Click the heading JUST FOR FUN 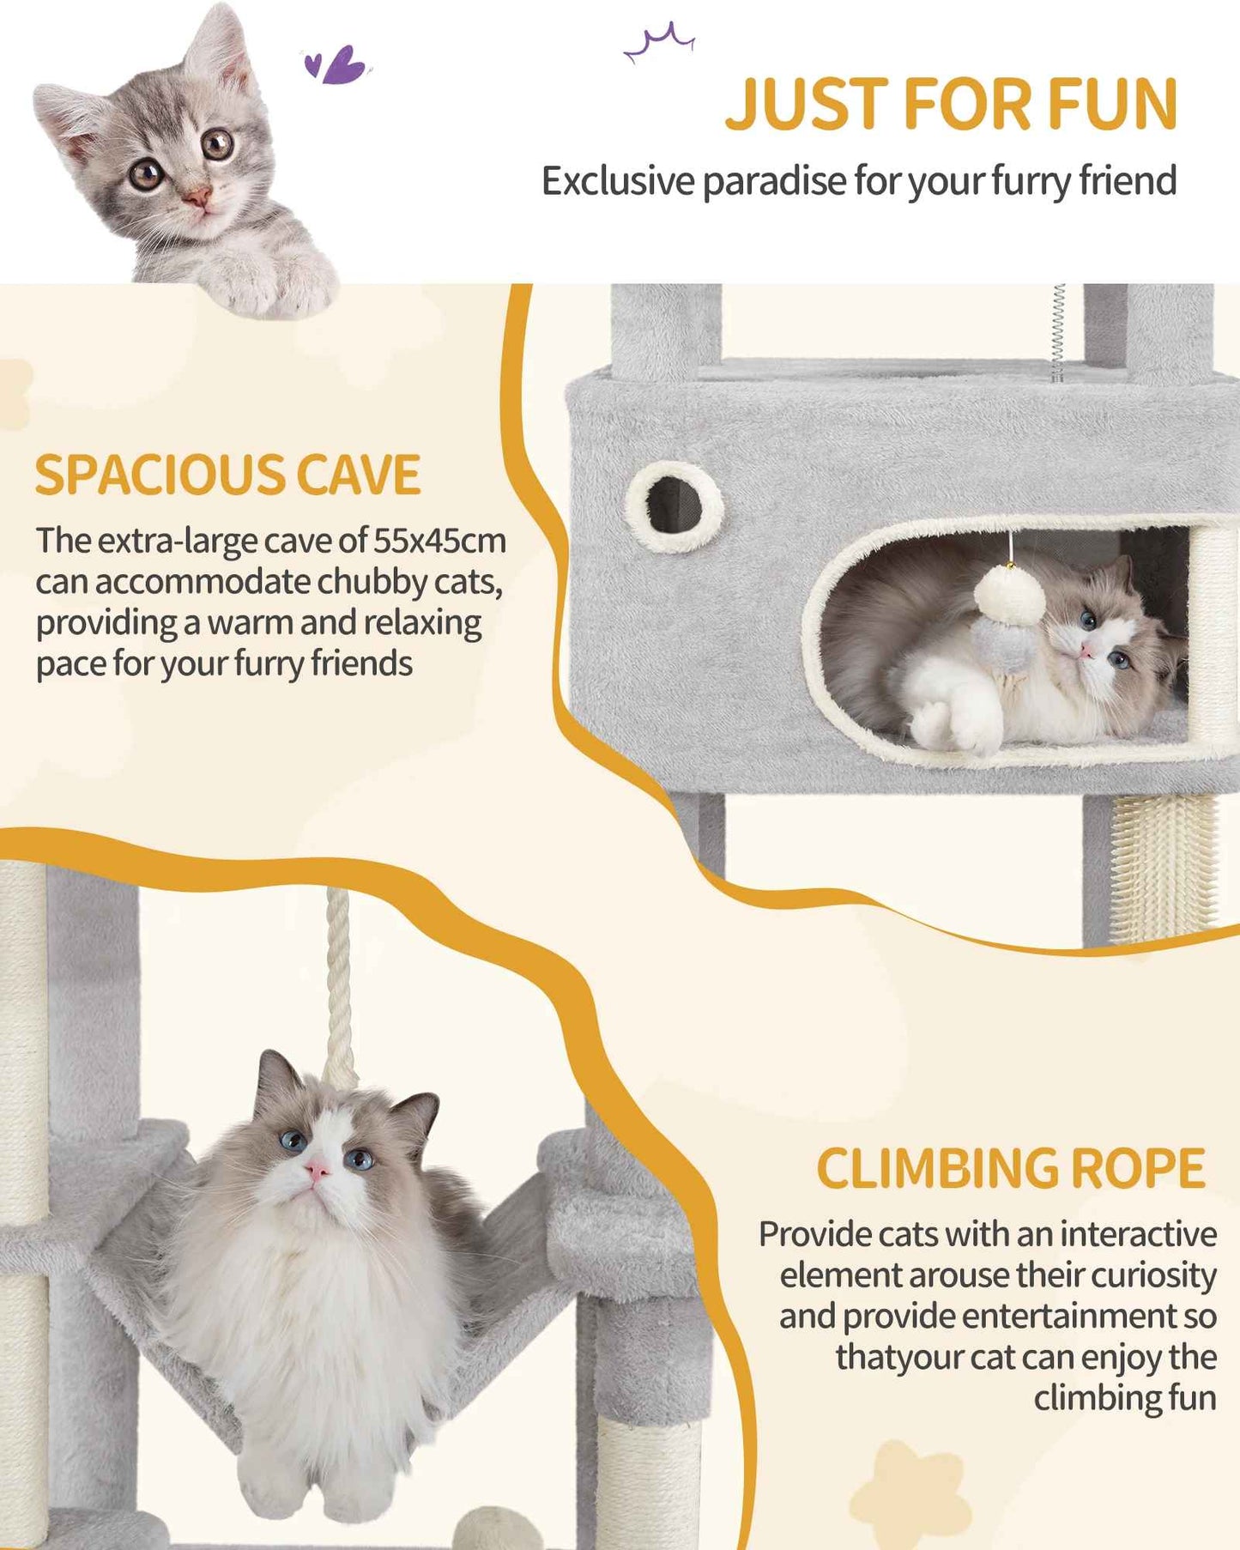[951, 104]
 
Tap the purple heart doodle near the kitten [336, 65]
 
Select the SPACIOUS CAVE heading [227, 475]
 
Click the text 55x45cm [439, 541]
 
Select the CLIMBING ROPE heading [1010, 1168]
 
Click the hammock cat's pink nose [317, 1170]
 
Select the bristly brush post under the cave [1163, 867]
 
